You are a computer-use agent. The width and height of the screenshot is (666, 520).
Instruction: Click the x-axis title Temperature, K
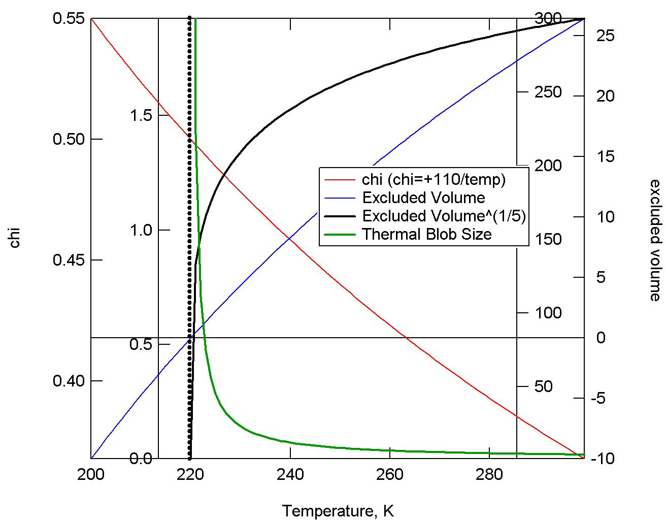coord(338,511)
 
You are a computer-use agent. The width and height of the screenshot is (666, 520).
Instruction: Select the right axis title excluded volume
coord(655,240)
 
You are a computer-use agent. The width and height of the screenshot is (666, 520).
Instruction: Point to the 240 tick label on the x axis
coord(290,475)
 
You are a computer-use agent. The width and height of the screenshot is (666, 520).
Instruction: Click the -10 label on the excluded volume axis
coord(603,459)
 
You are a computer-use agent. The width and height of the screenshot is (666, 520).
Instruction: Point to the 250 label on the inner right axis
coord(548,92)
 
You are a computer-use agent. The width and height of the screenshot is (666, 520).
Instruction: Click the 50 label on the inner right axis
coord(543,386)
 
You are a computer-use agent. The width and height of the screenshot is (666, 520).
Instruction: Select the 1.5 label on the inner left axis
coord(141,115)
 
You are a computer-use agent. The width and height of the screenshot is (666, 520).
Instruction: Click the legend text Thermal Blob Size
coord(427,234)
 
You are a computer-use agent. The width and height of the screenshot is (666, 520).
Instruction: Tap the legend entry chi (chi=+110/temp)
coord(434,179)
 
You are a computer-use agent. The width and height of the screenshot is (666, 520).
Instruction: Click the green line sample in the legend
coord(340,234)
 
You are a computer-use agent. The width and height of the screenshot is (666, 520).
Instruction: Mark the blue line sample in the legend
coord(340,198)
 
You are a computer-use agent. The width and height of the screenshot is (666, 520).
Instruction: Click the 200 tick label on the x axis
coord(91,475)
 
